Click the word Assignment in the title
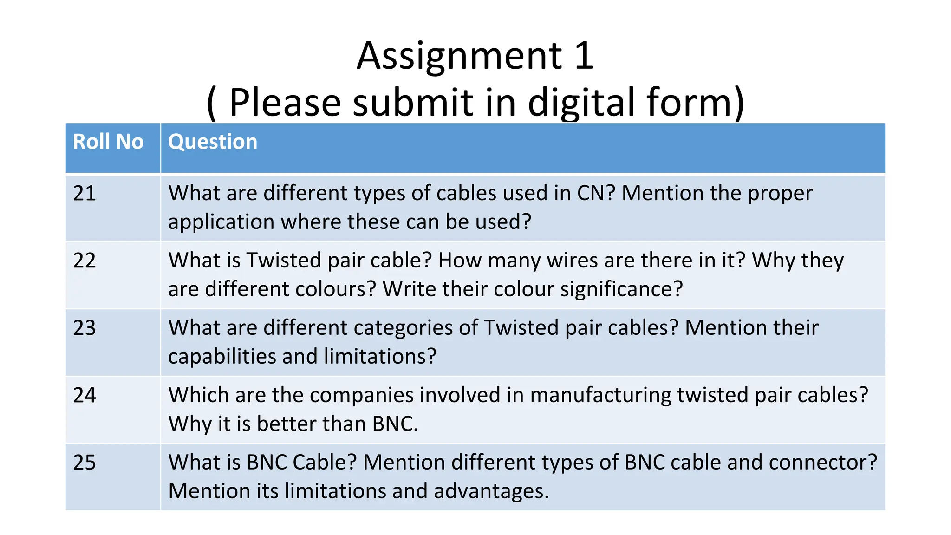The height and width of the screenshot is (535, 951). (459, 56)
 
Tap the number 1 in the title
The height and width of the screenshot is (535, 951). (584, 56)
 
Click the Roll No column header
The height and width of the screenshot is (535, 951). (108, 142)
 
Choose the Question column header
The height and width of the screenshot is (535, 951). (213, 142)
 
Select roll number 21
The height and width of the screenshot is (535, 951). (85, 193)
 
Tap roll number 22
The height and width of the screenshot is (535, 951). (85, 261)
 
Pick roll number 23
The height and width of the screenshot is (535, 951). (85, 328)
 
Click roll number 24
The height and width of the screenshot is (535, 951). (85, 395)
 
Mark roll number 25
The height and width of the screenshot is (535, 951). (85, 463)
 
